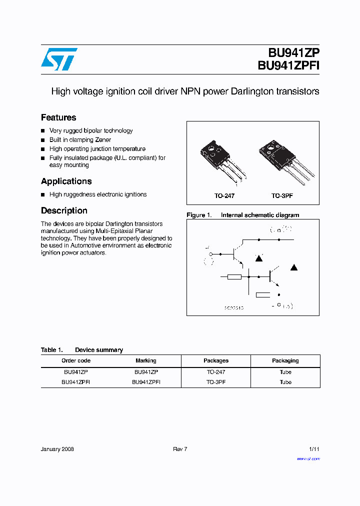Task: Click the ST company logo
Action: [x=59, y=59]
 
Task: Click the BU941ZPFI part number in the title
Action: [x=288, y=66]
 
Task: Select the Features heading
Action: [x=58, y=117]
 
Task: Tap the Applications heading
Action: [x=66, y=181]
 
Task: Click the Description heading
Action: [x=64, y=210]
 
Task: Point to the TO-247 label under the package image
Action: [x=224, y=196]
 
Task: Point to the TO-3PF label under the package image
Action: [x=282, y=196]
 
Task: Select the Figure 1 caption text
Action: [x=242, y=215]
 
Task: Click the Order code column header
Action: [x=76, y=360]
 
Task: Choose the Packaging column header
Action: [x=285, y=360]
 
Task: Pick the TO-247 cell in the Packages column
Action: [x=215, y=372]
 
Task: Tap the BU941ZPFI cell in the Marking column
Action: [x=146, y=382]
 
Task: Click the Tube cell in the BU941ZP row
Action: [x=285, y=372]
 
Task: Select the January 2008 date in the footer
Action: [x=57, y=449]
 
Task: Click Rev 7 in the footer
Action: [x=180, y=449]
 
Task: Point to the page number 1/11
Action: [x=314, y=449]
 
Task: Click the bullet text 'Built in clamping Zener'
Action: [x=80, y=140]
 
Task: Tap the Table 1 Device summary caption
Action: [x=82, y=350]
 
